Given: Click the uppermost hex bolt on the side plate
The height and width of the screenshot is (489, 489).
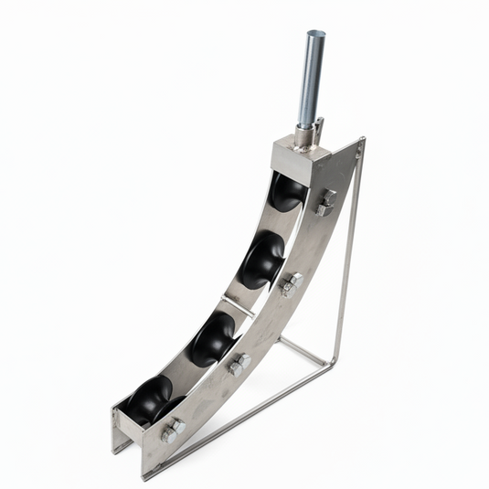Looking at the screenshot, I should click(325, 202).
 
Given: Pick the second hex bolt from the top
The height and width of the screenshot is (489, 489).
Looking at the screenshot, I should click(291, 284).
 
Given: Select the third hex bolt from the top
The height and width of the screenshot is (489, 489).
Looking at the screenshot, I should click(239, 364).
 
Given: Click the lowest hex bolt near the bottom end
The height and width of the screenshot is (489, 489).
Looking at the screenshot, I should click(171, 431).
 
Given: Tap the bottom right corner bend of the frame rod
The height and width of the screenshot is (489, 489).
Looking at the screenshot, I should click(333, 364).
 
